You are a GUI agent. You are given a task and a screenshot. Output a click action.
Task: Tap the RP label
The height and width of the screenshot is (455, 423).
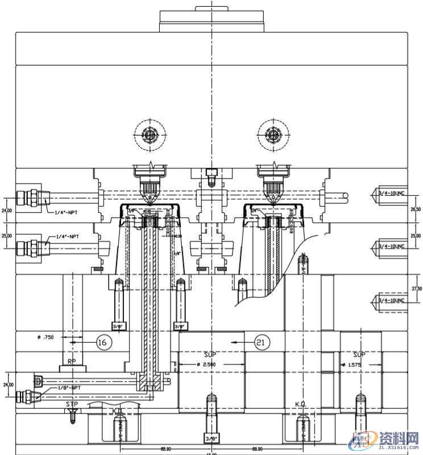[x=72, y=361]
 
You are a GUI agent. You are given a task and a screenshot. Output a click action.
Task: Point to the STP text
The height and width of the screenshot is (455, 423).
[x=72, y=404]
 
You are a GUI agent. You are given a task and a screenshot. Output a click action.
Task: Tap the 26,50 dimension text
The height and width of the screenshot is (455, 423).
[x=416, y=209]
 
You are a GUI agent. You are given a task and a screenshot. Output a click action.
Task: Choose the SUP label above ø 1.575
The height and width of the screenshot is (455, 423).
[x=359, y=355]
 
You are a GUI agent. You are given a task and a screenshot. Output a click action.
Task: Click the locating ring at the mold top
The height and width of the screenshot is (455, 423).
[x=213, y=21]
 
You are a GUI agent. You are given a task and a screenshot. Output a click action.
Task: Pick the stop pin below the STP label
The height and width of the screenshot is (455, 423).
[x=73, y=416]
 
